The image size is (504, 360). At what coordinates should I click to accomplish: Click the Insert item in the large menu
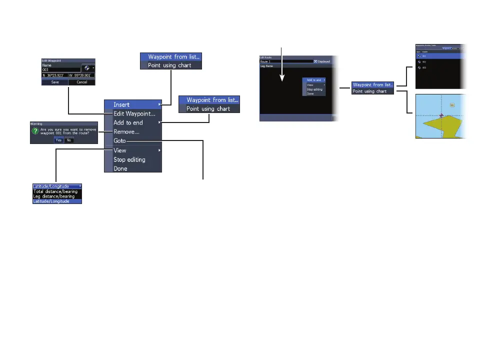[121, 104]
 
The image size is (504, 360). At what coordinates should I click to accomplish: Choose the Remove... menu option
[125, 132]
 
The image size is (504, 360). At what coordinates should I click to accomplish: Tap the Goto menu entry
[119, 141]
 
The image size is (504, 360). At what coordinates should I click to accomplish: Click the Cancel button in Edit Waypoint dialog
[81, 82]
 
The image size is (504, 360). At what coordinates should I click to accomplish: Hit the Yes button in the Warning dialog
[59, 140]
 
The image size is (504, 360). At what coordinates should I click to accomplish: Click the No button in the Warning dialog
[68, 140]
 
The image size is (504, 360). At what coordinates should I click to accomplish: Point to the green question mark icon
[35, 131]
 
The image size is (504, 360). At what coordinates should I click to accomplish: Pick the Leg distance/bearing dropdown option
[53, 196]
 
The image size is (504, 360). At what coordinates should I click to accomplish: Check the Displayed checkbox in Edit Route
[315, 61]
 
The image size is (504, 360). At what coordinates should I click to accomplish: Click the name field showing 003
[60, 70]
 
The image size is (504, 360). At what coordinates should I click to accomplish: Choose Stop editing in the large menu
[129, 159]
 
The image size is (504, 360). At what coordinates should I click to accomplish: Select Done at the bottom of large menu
[120, 168]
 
